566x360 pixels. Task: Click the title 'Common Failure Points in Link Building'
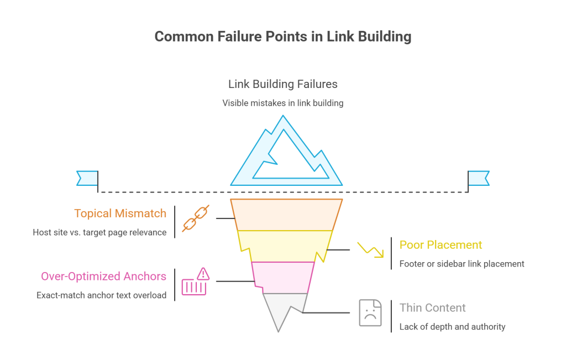point(282,36)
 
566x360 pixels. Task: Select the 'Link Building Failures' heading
point(282,84)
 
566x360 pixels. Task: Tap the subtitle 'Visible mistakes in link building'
point(282,103)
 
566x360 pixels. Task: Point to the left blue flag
point(87,178)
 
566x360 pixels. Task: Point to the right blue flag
point(479,178)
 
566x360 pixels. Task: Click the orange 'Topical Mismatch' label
point(120,213)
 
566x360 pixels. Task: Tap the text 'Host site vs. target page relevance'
point(99,232)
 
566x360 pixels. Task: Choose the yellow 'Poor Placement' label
point(441,245)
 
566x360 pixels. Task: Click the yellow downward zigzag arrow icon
point(370,249)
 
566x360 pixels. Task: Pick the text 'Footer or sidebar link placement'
point(462,264)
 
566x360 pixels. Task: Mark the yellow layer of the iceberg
point(285,246)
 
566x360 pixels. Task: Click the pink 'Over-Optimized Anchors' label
point(103,276)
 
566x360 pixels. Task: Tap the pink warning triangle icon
point(203,273)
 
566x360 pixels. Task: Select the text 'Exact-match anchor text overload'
point(101,295)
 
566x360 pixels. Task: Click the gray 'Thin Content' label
point(432,308)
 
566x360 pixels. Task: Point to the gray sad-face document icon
point(370,312)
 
